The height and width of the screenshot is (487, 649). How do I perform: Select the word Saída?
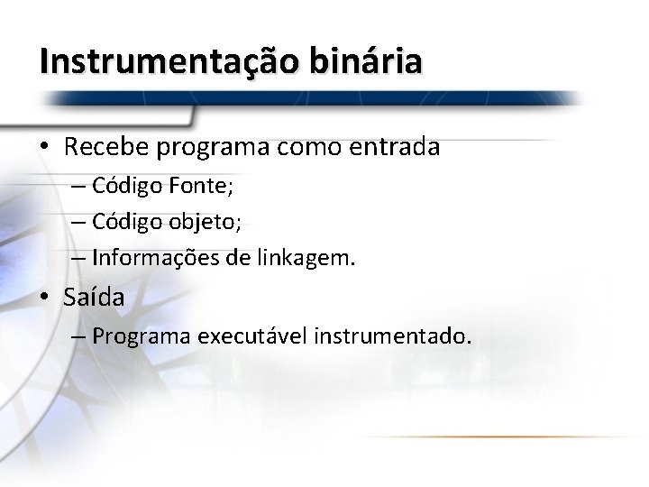click(x=94, y=297)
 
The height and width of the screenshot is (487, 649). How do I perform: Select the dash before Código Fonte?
click(x=78, y=188)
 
